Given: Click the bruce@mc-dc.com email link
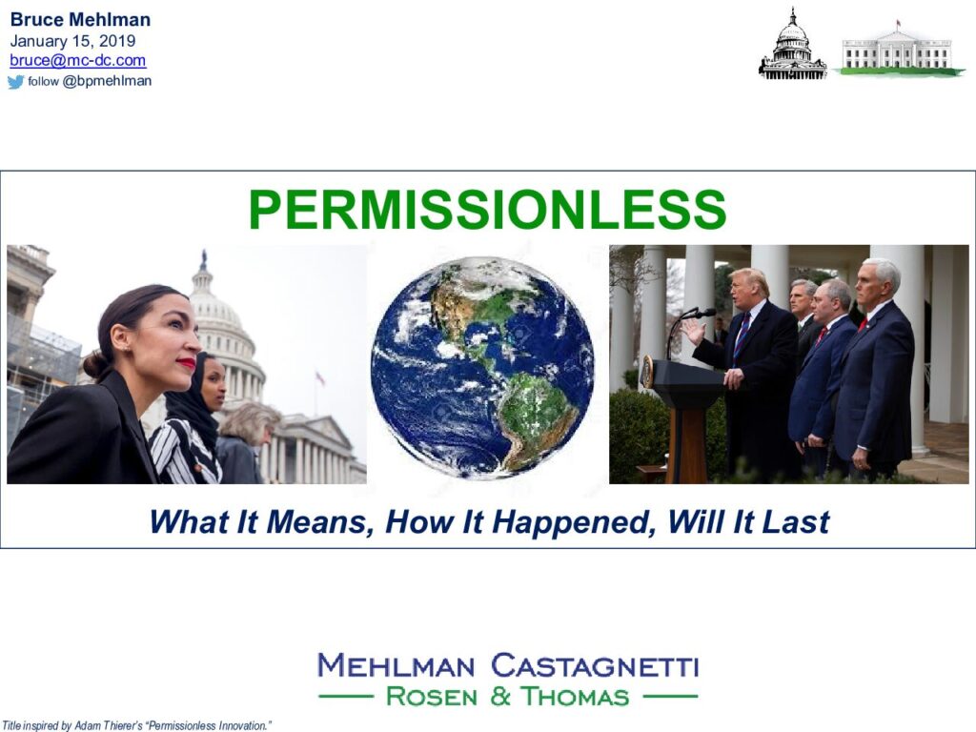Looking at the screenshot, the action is pos(78,60).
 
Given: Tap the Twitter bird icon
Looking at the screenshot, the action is pos(15,82).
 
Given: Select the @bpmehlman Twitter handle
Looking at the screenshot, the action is pos(107,81).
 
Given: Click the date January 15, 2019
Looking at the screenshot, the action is pos(72,40).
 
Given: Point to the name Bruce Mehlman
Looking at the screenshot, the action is pos(80,19).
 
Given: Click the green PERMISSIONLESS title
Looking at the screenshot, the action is pos(487,210).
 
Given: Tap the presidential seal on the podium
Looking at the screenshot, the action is pos(647,372).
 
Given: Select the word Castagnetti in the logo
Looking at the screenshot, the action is pos(595,665).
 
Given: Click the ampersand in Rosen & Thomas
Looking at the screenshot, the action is pos(499,696).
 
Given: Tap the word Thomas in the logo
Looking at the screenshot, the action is pos(575,696).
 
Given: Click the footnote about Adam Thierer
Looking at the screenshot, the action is pos(137,725).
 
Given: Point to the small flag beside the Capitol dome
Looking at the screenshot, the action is pos(320,377).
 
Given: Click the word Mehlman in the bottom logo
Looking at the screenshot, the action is pos(396,665).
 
